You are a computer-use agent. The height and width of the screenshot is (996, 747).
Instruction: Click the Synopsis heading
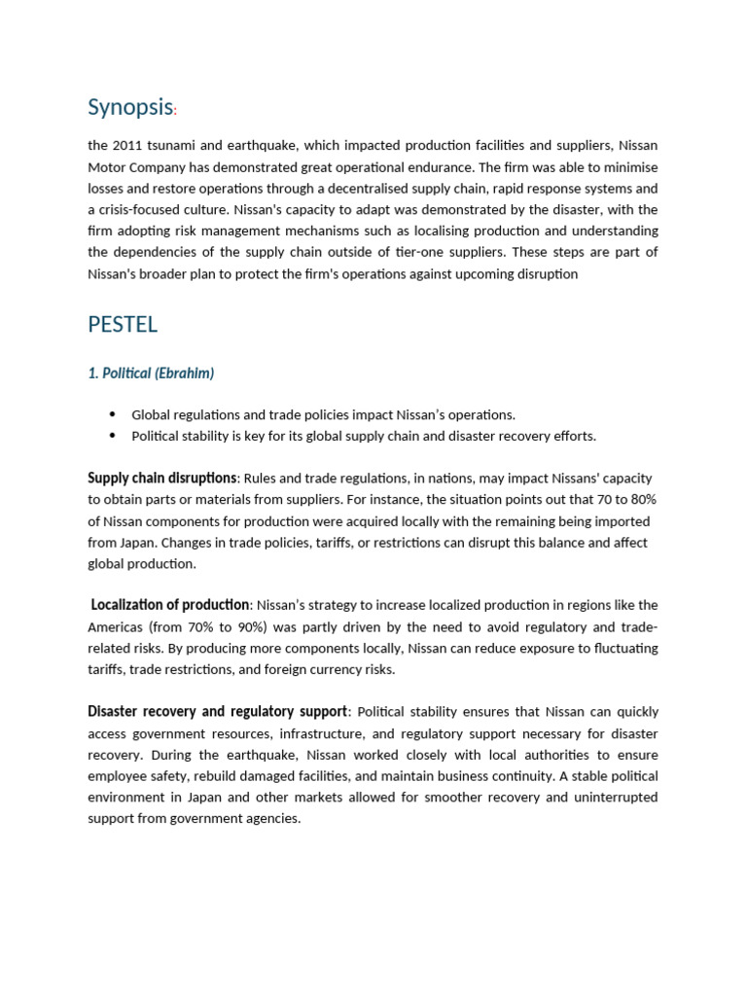(130, 107)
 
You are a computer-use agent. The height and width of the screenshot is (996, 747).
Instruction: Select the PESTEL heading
(123, 325)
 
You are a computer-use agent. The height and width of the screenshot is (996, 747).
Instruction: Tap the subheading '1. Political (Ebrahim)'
(151, 373)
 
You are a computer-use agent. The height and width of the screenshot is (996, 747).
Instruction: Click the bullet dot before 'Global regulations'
(113, 414)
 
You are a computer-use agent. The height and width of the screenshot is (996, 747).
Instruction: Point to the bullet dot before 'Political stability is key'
(113, 436)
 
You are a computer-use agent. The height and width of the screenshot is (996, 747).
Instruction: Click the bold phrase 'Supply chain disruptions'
(162, 478)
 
